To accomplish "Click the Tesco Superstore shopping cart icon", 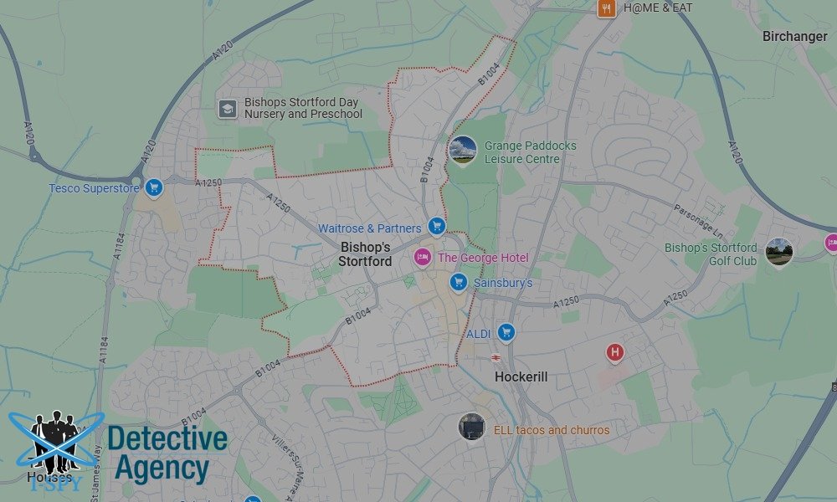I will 152,187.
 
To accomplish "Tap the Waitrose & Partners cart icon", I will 435,226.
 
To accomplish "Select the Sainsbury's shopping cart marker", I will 457,282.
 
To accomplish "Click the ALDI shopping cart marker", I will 506,332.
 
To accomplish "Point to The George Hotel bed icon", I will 424,257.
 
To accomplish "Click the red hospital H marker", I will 615,352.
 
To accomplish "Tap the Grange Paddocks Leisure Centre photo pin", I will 462,151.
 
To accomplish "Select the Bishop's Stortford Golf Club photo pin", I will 778,252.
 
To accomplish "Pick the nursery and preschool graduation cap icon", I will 227,109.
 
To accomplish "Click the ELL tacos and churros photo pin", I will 472,428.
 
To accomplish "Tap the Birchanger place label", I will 795,36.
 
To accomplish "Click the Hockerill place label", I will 521,376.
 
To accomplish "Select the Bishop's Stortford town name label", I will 365,254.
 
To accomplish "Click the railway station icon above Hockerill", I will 496,356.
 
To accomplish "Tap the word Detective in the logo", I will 167,438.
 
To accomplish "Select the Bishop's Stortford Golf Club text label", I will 711,254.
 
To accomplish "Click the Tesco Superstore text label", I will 94,188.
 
